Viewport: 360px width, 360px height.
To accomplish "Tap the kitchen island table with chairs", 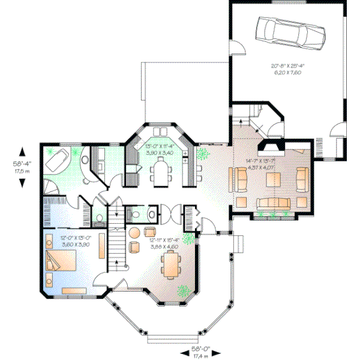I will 160,172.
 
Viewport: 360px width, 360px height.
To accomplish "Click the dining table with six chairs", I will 172,265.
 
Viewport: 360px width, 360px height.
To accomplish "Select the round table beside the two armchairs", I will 135,232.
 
